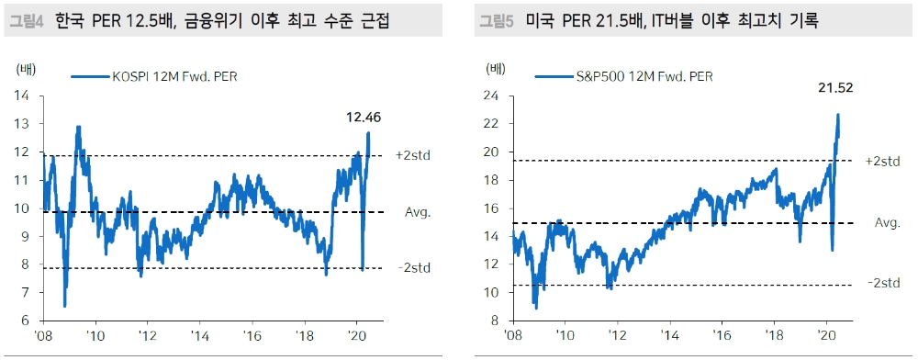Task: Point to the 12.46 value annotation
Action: [x=363, y=118]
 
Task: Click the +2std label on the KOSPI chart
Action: [x=413, y=155]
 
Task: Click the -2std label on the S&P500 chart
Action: [x=882, y=283]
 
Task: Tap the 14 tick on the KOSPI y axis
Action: [x=23, y=96]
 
